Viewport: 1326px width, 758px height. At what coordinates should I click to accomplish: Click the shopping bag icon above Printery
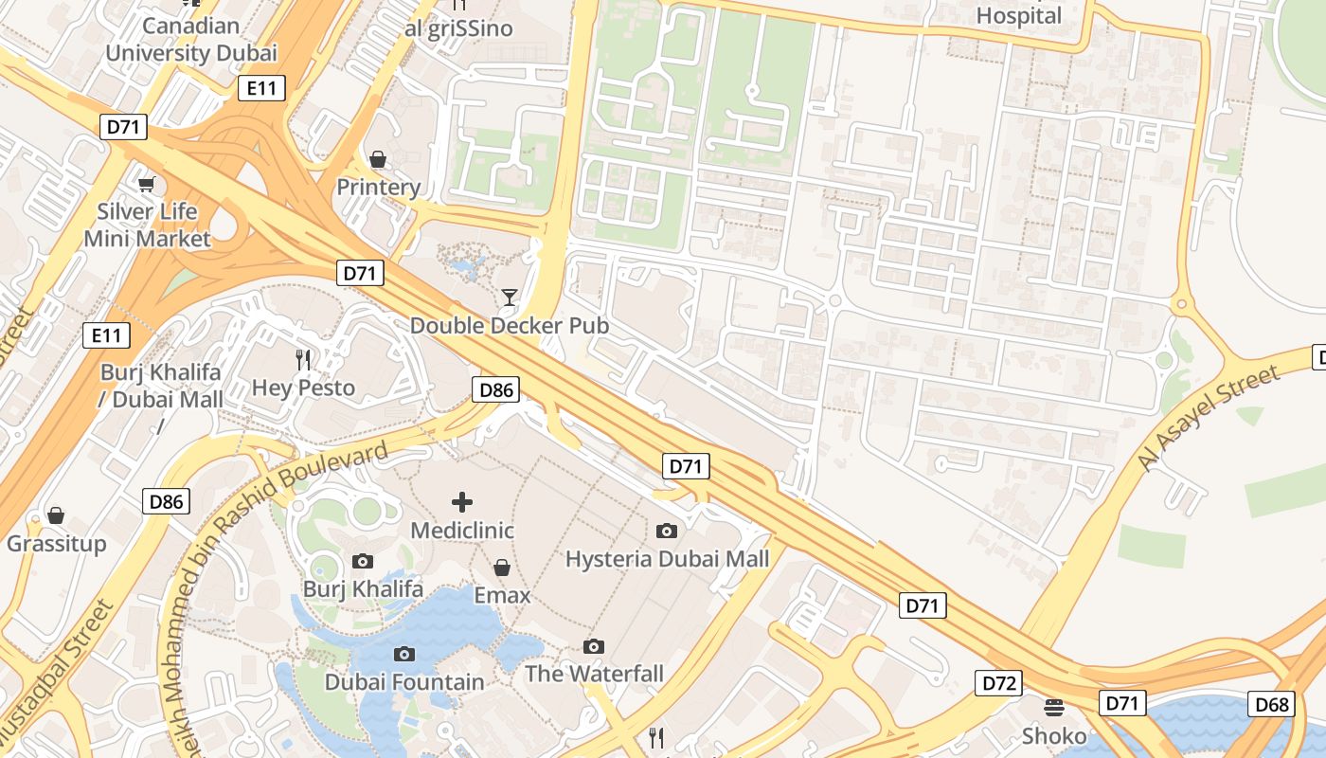[x=378, y=158]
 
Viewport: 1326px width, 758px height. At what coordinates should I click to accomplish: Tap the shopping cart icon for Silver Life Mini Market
[x=146, y=183]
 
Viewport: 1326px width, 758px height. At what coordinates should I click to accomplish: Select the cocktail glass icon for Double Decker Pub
[x=510, y=298]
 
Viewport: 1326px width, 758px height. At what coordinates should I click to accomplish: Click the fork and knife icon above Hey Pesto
[x=303, y=359]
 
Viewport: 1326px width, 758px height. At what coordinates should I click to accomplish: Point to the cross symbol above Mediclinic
[x=462, y=501]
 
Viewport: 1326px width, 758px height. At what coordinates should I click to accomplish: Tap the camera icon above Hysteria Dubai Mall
[x=667, y=531]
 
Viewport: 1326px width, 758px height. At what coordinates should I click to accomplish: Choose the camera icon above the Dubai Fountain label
[x=404, y=654]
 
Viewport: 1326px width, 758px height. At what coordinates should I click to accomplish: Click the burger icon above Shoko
[x=1053, y=707]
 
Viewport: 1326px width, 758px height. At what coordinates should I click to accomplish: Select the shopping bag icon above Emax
[x=502, y=568]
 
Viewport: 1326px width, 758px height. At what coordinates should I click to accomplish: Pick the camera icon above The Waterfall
[x=594, y=646]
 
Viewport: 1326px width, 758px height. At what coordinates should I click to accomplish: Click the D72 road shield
[x=999, y=682]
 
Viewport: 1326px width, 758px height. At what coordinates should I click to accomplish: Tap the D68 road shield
[x=1273, y=704]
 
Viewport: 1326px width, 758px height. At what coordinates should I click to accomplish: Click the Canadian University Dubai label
[x=191, y=39]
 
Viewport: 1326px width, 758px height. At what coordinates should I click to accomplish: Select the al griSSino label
[x=458, y=28]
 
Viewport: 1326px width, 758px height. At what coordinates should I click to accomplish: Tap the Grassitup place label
[x=57, y=544]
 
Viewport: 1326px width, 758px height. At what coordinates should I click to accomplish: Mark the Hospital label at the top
[x=1019, y=15]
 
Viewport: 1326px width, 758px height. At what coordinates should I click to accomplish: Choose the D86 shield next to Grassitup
[x=167, y=501]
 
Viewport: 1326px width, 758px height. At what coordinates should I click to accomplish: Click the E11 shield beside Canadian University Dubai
[x=261, y=88]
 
